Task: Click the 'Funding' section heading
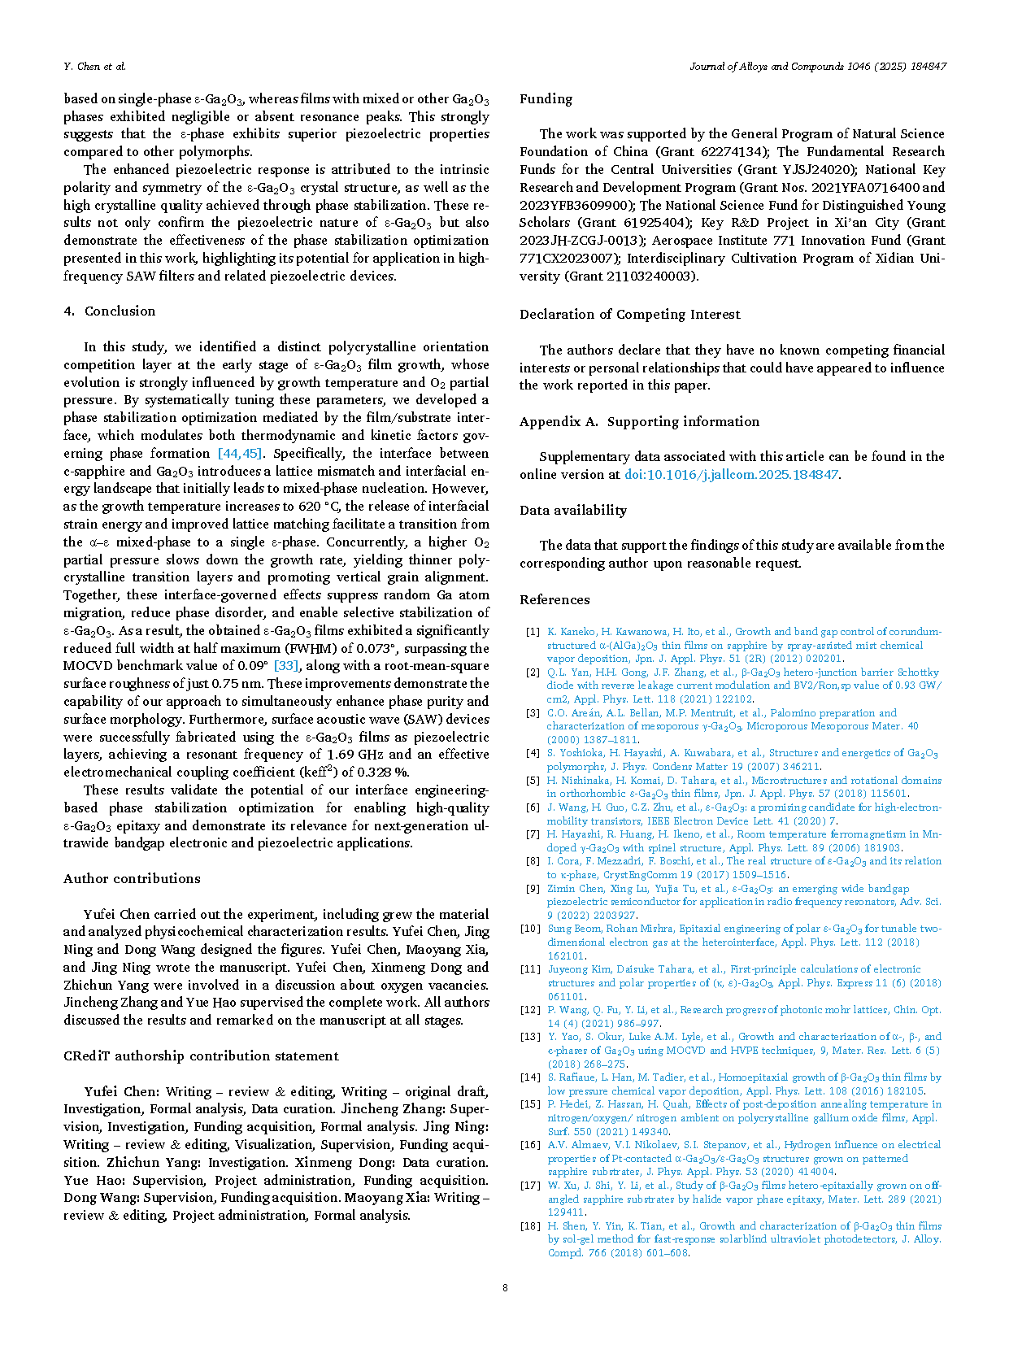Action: pos(546,99)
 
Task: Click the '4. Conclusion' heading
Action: pos(109,311)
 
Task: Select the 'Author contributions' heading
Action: pos(132,879)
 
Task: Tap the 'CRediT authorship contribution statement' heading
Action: pos(201,1056)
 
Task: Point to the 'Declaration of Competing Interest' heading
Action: pos(630,315)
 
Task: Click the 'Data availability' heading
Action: pos(573,511)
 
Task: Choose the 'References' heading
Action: pos(555,600)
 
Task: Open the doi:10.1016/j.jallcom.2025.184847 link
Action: pos(731,475)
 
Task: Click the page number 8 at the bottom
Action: pos(505,1288)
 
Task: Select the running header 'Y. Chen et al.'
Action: pos(94,67)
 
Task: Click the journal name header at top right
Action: pos(818,67)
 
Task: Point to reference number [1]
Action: pos(533,632)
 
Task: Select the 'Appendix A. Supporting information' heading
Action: pos(639,422)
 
